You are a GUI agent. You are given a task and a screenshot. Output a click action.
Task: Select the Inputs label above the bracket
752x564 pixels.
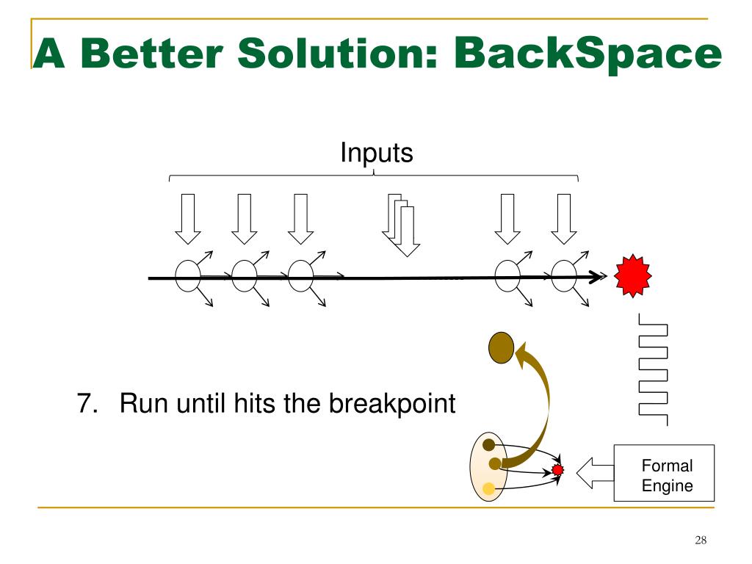(376, 153)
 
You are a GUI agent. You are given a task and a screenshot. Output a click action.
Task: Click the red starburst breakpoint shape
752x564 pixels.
(632, 276)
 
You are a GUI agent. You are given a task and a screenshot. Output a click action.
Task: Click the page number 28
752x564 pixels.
(700, 541)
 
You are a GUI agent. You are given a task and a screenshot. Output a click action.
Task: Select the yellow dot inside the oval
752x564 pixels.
(489, 486)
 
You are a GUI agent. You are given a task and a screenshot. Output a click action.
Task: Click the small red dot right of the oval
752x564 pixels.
(557, 469)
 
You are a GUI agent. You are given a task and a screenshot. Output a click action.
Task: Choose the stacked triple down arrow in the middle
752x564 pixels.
(400, 226)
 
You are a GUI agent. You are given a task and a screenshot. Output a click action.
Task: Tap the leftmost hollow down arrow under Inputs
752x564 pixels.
(188, 218)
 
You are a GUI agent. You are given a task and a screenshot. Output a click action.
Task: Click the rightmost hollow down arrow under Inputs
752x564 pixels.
(563, 218)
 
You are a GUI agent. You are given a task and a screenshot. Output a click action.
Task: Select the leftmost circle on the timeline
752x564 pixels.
(187, 277)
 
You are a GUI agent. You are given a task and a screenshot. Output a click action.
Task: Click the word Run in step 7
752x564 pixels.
(137, 403)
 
